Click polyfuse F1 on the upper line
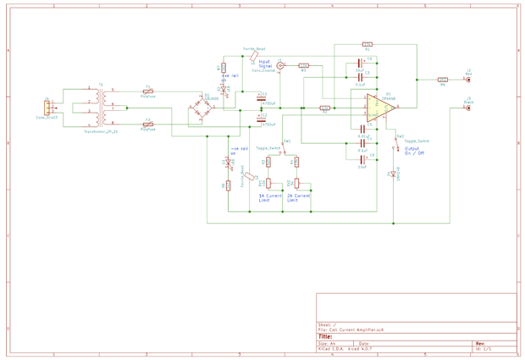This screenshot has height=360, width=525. pos(149,91)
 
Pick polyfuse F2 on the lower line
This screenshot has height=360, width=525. pos(149,125)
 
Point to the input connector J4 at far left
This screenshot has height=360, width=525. pos(47,107)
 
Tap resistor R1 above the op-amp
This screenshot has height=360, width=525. pos(367,44)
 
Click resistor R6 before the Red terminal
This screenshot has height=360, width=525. pos(442,80)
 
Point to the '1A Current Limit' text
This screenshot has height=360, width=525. pos(271,198)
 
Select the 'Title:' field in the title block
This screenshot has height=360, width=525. pos(325,335)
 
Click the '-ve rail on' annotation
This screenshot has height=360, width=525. pos(238,151)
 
